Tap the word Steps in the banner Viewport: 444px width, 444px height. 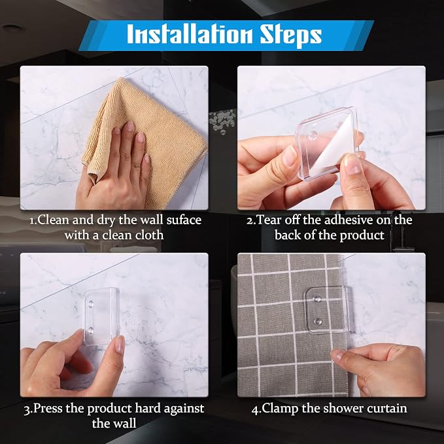[x=291, y=35]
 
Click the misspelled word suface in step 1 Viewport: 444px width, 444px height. [x=184, y=220]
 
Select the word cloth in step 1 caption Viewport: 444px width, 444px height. [x=149, y=235]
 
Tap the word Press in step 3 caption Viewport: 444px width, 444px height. [x=48, y=408]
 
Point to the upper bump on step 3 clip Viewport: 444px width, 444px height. [x=91, y=305]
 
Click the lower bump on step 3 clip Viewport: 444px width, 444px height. [x=91, y=330]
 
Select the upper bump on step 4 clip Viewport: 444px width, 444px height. [x=317, y=298]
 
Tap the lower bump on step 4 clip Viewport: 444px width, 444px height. [x=317, y=321]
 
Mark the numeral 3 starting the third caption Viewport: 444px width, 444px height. [x=27, y=409]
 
